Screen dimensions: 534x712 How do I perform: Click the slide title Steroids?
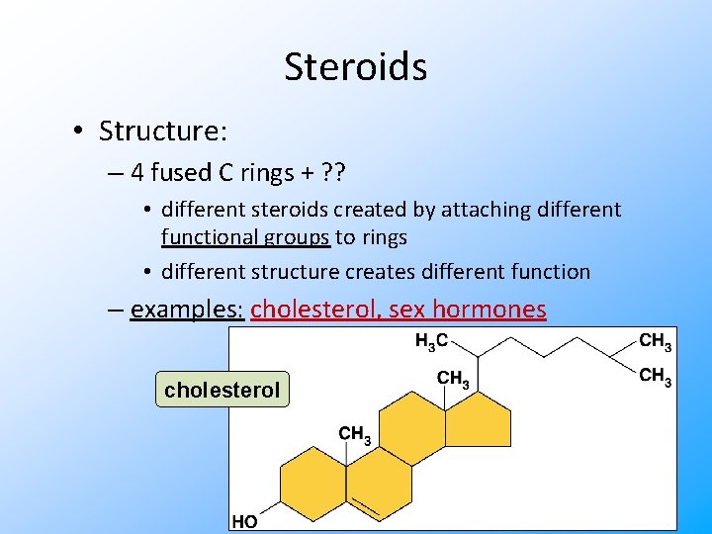pyautogui.click(x=355, y=67)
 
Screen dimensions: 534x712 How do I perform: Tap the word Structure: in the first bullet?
pyautogui.click(x=163, y=132)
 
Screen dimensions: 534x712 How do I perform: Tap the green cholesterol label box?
pyautogui.click(x=222, y=390)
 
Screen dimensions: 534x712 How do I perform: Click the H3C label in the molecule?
pyautogui.click(x=431, y=342)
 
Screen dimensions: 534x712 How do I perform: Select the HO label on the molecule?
pyautogui.click(x=244, y=521)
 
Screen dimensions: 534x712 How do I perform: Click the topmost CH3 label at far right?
pyautogui.click(x=655, y=342)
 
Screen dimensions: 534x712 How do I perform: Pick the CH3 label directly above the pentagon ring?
pyautogui.click(x=453, y=378)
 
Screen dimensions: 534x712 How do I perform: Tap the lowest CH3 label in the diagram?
pyautogui.click(x=355, y=434)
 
